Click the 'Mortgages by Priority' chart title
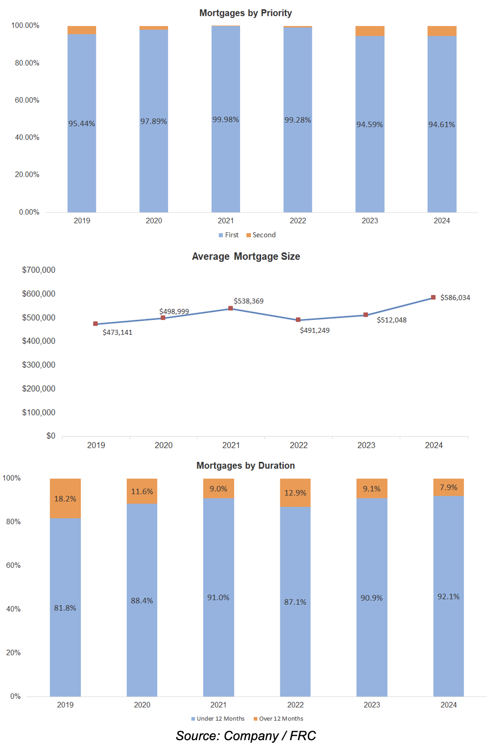[245, 13]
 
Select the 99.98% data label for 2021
[225, 120]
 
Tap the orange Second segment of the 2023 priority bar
[370, 31]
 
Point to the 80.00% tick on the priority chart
[27, 63]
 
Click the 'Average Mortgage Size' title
[245, 257]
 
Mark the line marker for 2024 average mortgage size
[433, 297]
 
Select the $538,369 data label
[248, 301]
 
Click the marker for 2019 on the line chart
[95, 324]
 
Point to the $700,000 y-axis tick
[38, 270]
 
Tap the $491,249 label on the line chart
[315, 330]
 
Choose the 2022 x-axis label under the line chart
[299, 445]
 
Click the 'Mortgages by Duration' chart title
[245, 466]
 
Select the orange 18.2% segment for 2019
[65, 498]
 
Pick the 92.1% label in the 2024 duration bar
[448, 597]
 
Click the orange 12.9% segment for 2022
[295, 493]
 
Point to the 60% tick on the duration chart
[13, 565]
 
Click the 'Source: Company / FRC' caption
[245, 736]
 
